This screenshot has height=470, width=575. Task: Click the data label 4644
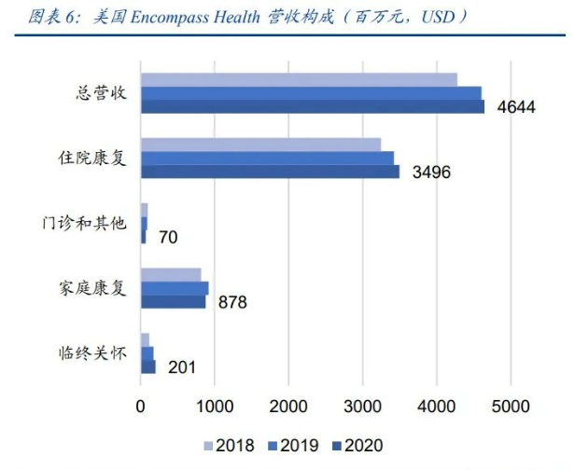[515, 107]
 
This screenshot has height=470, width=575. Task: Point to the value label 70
[168, 238]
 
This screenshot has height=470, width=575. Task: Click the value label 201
[182, 367]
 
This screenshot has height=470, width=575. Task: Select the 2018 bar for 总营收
[299, 79]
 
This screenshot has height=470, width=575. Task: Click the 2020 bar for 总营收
[313, 106]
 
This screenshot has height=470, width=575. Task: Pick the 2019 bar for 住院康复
[267, 158]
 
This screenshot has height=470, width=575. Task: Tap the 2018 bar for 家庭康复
[171, 274]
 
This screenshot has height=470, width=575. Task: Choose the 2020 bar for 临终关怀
[148, 366]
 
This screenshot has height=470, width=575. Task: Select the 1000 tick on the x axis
[214, 408]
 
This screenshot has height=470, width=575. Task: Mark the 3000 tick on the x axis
[362, 408]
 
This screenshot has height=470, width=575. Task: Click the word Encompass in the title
[164, 17]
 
